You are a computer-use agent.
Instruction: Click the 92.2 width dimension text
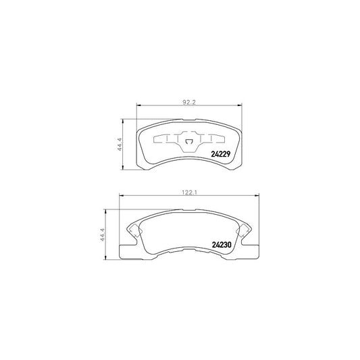(189, 103)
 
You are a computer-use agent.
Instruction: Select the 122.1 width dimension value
(190, 192)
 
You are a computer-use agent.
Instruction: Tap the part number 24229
(220, 154)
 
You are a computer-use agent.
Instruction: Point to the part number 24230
(222, 245)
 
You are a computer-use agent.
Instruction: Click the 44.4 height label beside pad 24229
(120, 145)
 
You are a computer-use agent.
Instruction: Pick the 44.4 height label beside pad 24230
(102, 234)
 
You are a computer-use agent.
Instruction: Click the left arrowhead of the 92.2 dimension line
(138, 105)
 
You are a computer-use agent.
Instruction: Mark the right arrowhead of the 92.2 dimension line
(240, 105)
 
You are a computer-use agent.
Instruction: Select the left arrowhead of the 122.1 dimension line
(122, 195)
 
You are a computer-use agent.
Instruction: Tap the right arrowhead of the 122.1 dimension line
(257, 195)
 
